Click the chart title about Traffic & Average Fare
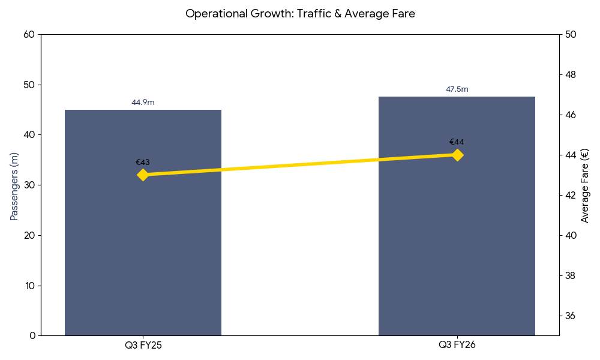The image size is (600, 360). pyautogui.click(x=300, y=14)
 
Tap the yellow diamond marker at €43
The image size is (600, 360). pyautogui.click(x=143, y=175)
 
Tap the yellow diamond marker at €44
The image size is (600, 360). pyautogui.click(x=457, y=155)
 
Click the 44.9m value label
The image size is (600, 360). pyautogui.click(x=143, y=103)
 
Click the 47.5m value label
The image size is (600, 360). pyautogui.click(x=457, y=89)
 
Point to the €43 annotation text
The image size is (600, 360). pyautogui.click(x=143, y=162)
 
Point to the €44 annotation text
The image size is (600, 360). pyautogui.click(x=457, y=142)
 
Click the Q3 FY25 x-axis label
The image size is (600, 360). pyautogui.click(x=143, y=345)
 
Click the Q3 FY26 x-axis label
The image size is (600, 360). pyautogui.click(x=457, y=345)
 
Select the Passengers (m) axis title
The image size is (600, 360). pyautogui.click(x=14, y=186)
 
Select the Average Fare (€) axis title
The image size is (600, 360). pyautogui.click(x=585, y=185)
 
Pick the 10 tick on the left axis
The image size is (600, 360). pyautogui.click(x=30, y=285)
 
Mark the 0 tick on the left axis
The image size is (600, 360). pyautogui.click(x=32, y=335)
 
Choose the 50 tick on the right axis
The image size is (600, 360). pyautogui.click(x=571, y=34)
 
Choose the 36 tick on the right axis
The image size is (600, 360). pyautogui.click(x=571, y=316)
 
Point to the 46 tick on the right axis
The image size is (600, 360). pyautogui.click(x=571, y=115)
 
